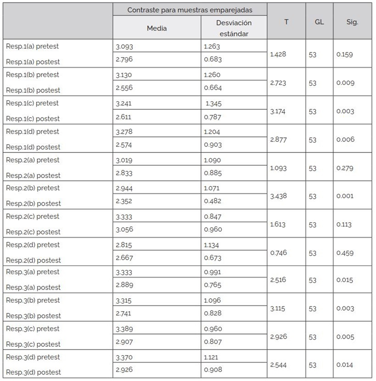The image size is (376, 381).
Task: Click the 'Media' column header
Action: coord(157,28)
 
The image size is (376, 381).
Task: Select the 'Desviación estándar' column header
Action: coord(234,28)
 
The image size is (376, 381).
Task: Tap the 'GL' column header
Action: coord(319,22)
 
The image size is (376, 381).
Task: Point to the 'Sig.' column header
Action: coord(352,22)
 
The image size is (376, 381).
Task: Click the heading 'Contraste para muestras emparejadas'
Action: coord(190,10)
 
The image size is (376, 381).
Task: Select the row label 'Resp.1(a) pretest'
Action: coord(32,46)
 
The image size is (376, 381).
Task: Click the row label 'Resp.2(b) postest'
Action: coord(33,203)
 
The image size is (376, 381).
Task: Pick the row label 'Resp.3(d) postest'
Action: coord(33,372)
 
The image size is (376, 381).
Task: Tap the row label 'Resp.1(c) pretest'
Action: coord(32,103)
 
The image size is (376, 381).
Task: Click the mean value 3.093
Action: coord(124,47)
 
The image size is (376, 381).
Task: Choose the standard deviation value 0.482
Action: coord(213,201)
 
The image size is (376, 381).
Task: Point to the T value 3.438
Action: coord(278,196)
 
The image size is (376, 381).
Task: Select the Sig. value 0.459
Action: coord(345,253)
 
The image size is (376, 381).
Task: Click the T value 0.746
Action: coord(278,253)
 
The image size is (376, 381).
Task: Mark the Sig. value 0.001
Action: coord(345,196)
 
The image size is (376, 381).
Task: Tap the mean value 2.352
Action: coord(124,201)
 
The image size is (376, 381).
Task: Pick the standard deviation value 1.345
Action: coord(213,103)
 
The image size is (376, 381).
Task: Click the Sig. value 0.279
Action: coord(345,168)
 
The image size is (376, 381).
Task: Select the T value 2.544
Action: coord(278,365)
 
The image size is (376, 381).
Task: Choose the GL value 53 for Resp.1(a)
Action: coord(313,55)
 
